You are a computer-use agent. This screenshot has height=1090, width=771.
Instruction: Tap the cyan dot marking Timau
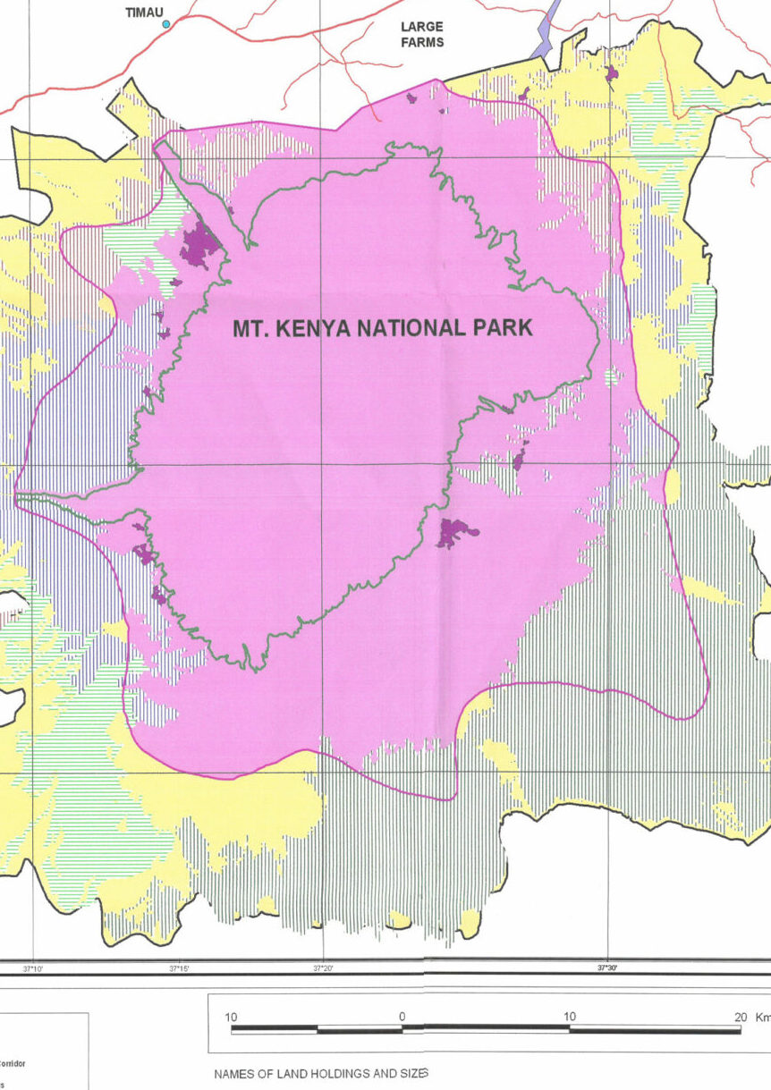(165, 24)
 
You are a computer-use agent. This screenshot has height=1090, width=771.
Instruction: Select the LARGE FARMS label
(421, 34)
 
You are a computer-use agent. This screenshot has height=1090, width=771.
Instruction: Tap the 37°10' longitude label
(33, 968)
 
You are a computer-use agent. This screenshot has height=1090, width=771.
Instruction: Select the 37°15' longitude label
(178, 968)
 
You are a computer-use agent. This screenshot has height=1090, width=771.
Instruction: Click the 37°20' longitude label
(323, 968)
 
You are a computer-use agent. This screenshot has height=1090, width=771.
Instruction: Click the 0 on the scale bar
(402, 1016)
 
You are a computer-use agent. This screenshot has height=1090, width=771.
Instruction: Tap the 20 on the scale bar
(740, 1016)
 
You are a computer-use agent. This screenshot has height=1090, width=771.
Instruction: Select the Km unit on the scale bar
(763, 1016)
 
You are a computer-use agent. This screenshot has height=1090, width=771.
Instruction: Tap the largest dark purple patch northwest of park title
(200, 247)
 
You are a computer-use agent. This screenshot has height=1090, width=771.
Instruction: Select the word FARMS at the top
(421, 42)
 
